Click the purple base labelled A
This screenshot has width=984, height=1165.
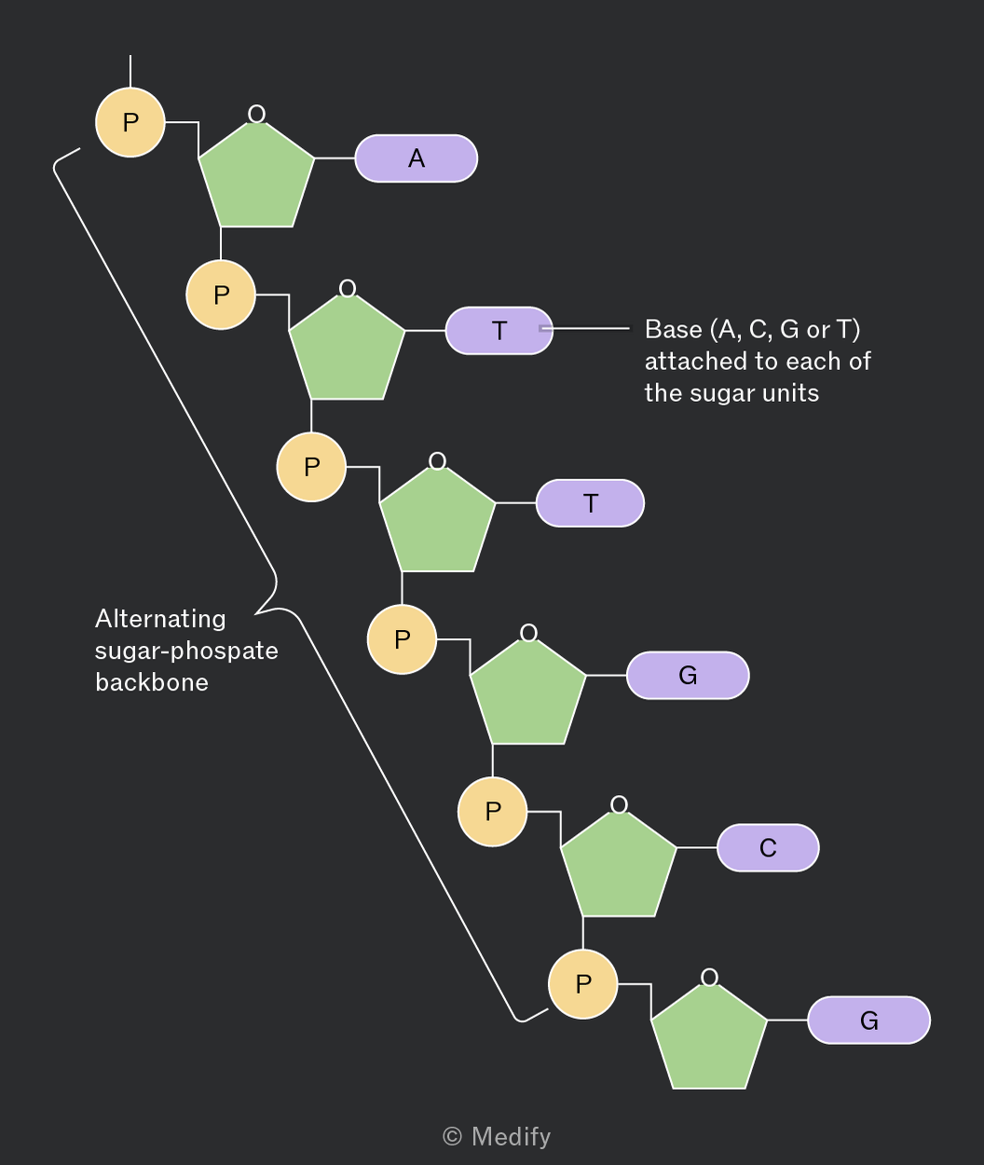click(x=417, y=158)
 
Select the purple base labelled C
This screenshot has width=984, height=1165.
click(x=768, y=847)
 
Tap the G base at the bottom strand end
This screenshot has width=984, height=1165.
click(x=869, y=1020)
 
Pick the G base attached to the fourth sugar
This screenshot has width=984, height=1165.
click(x=688, y=675)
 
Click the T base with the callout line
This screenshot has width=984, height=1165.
click(x=499, y=330)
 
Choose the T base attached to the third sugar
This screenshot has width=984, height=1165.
click(x=590, y=502)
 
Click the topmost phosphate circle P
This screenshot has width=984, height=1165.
click(x=130, y=122)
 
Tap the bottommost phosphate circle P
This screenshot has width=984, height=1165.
click(x=583, y=984)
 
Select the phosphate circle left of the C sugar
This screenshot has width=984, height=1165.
click(x=493, y=812)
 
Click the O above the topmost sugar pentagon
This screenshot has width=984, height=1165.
click(x=256, y=114)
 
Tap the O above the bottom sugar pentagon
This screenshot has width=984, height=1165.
click(x=709, y=977)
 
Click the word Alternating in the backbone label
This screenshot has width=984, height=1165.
click(x=160, y=620)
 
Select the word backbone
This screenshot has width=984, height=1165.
click(x=152, y=682)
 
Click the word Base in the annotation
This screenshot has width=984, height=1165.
click(x=674, y=329)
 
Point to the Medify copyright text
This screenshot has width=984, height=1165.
click(x=497, y=1136)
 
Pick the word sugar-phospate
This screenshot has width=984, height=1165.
click(x=186, y=651)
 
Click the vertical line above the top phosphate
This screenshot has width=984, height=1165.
click(x=130, y=71)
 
